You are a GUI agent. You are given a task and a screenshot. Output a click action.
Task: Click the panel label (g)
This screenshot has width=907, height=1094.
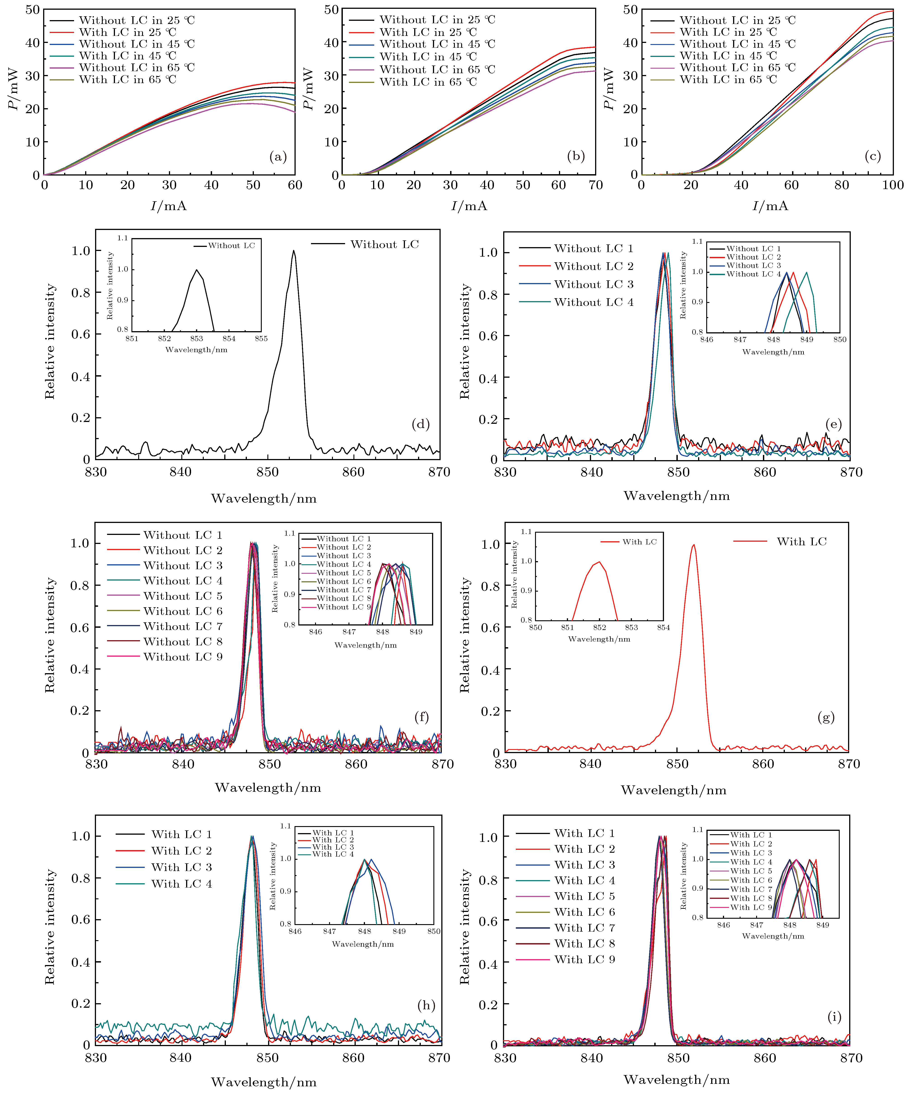click(826, 717)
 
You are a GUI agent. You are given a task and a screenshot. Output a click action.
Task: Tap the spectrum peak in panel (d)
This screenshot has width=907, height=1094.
click(294, 251)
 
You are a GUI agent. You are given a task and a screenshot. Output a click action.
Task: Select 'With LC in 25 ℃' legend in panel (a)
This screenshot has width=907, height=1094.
click(128, 32)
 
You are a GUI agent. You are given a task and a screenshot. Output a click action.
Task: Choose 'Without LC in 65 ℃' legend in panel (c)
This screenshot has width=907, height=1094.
click(737, 68)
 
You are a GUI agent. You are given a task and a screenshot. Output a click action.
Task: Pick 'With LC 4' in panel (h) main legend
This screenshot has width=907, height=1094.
click(181, 883)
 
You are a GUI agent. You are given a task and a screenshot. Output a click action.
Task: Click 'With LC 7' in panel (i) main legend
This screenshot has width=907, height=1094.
click(584, 928)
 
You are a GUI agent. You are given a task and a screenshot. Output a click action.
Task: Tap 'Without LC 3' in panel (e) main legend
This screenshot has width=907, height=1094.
click(593, 284)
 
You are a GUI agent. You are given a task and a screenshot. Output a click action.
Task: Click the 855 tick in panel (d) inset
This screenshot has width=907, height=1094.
click(261, 339)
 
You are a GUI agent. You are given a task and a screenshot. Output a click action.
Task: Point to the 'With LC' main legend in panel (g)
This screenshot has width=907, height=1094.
click(801, 542)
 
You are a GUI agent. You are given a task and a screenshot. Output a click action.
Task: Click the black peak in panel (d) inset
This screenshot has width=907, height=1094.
click(197, 270)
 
